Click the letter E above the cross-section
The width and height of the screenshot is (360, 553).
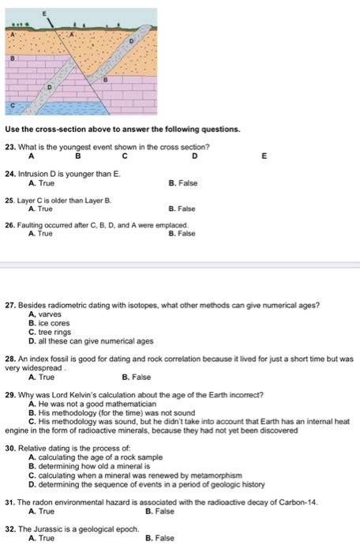(x=45, y=14)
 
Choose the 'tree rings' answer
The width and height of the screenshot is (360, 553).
(x=54, y=332)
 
